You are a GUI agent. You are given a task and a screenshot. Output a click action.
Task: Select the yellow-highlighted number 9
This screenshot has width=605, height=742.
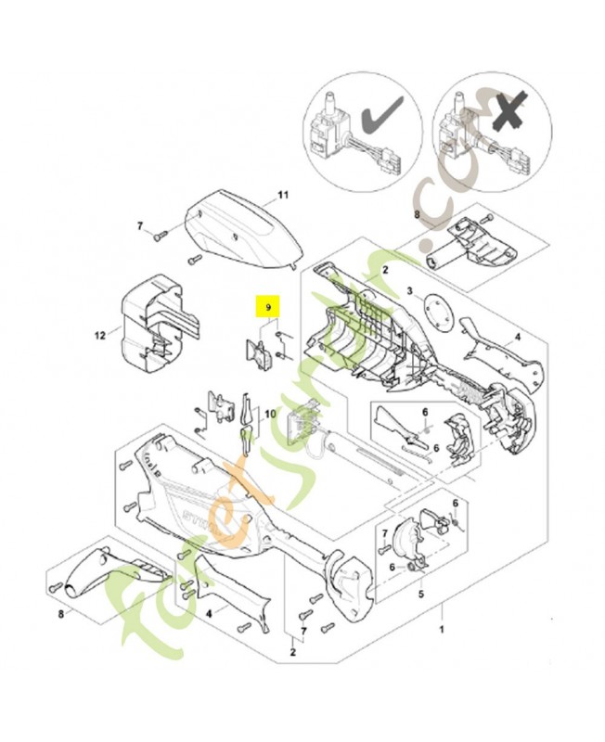click(x=269, y=306)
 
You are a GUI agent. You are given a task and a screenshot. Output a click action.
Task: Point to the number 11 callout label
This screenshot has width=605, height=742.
click(x=284, y=196)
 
